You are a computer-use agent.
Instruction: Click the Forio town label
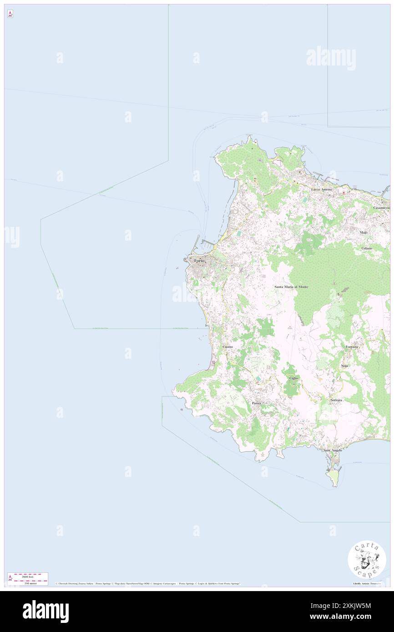199,261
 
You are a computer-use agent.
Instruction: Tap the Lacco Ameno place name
321,189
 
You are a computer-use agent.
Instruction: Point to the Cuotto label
227,347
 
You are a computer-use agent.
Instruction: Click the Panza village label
257,403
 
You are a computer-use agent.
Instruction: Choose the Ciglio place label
293,378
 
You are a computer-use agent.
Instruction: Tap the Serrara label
336,400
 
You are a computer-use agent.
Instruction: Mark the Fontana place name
352,347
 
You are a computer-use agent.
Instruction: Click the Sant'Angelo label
333,450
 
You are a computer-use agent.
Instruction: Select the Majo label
363,232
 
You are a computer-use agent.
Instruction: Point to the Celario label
367,248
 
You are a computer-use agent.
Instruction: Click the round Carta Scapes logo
367,559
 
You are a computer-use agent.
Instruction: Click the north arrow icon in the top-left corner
10,15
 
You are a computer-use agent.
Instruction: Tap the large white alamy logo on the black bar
45,612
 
